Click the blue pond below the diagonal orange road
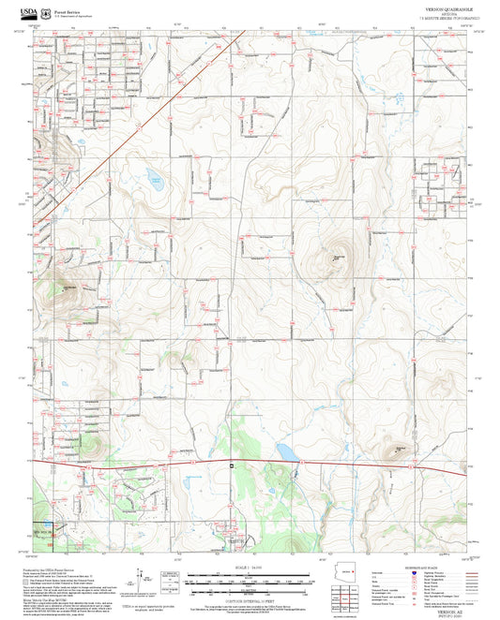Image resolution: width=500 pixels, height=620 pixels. [153, 179]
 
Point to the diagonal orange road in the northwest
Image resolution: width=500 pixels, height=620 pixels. [141, 122]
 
